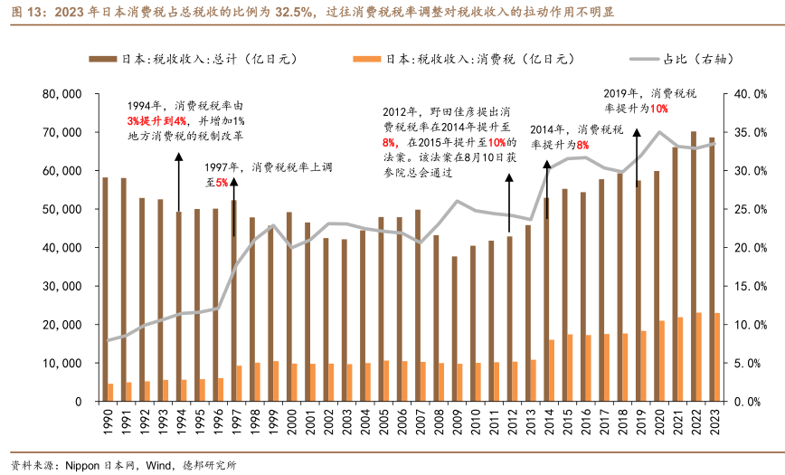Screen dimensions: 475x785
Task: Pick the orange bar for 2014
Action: [551, 370]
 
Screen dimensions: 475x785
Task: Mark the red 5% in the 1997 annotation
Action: [222, 183]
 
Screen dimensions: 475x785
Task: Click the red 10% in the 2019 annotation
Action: [658, 109]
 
